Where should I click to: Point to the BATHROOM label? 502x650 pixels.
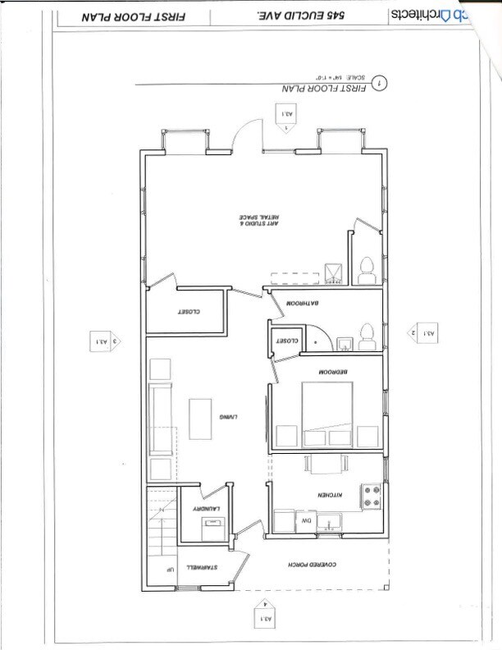[x=301, y=304]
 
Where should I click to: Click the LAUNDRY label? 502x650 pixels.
[x=204, y=510]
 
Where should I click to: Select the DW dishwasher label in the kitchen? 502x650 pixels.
[x=303, y=520]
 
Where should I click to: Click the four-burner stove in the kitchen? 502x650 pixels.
[x=371, y=495]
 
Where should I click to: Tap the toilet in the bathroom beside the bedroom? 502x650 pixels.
[x=365, y=335]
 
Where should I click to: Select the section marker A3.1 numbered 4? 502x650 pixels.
[x=263, y=616]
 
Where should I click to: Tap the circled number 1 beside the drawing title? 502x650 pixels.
[x=379, y=83]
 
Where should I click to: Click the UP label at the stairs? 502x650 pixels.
[x=169, y=570]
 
